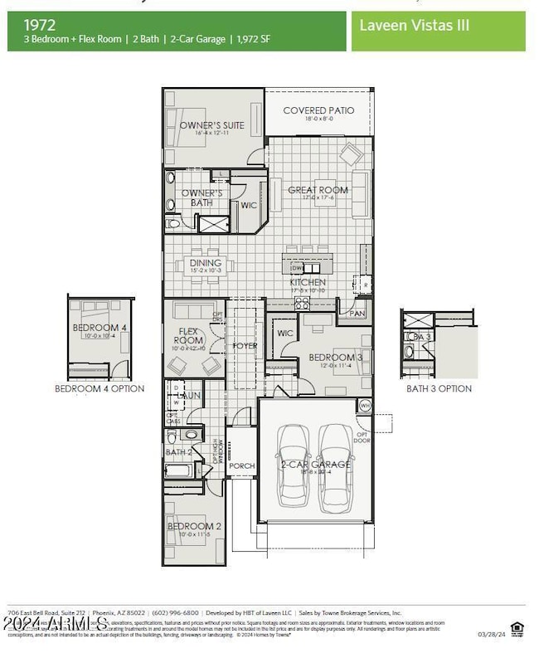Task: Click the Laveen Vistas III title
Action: (x=415, y=25)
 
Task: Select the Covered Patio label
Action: (x=318, y=110)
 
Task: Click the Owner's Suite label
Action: (x=212, y=125)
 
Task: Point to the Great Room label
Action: (x=318, y=190)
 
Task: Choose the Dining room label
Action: (x=205, y=264)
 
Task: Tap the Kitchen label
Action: (x=308, y=282)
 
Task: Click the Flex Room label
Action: (x=188, y=336)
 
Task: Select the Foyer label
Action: (x=245, y=345)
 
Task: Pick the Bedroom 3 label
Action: (x=329, y=358)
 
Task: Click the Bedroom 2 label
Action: (x=194, y=526)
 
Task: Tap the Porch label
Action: (x=242, y=465)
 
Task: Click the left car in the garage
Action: (x=294, y=465)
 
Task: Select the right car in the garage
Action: (x=337, y=465)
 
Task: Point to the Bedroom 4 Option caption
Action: (x=100, y=388)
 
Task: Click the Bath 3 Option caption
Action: (x=439, y=388)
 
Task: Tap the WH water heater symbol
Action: (x=365, y=405)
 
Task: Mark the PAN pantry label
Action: (x=357, y=314)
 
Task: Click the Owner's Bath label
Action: (x=202, y=197)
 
